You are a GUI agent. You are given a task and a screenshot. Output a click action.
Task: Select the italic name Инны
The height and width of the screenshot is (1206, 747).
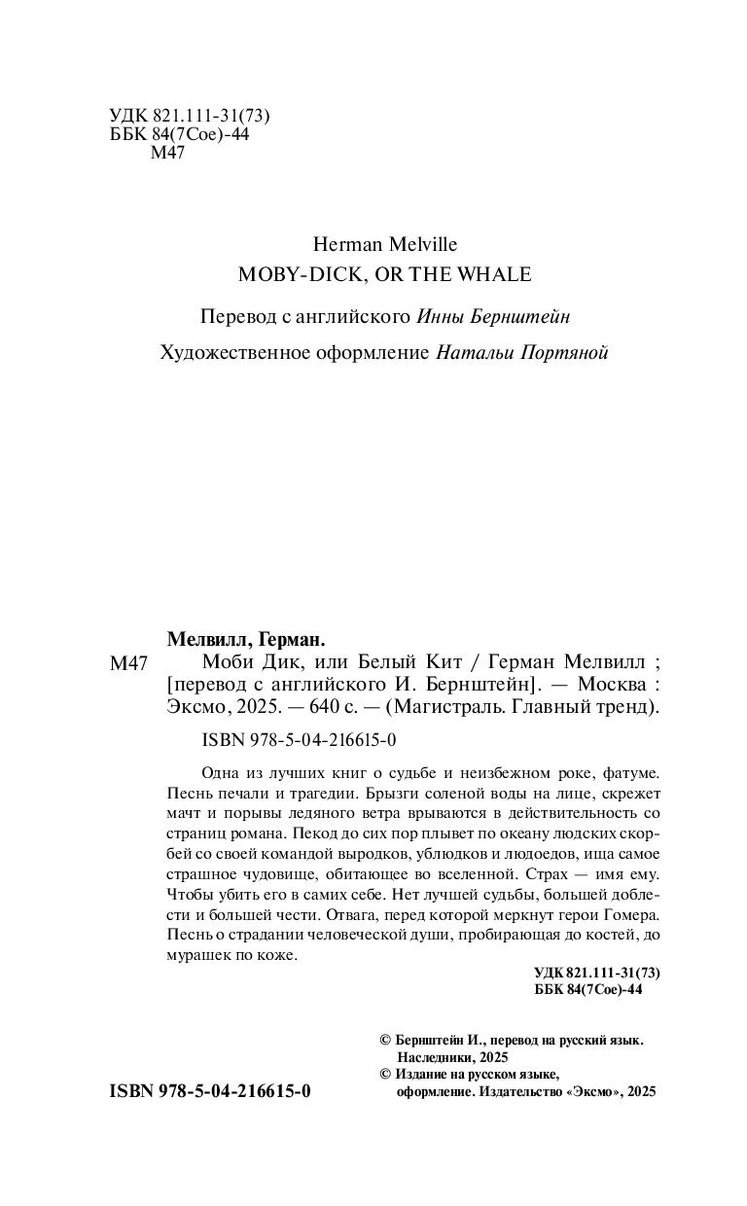pos(443,316)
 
